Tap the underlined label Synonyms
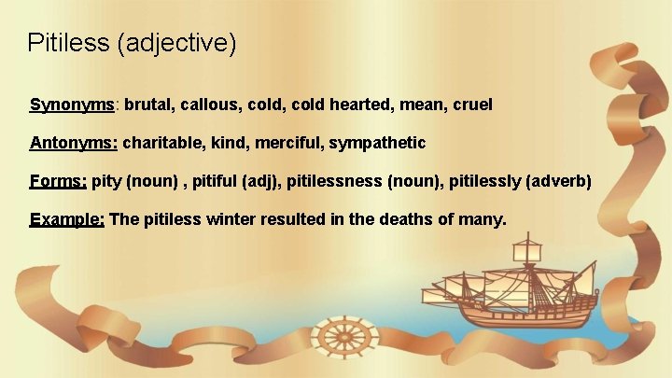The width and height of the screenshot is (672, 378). click(73, 105)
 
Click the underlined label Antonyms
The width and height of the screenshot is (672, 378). click(74, 143)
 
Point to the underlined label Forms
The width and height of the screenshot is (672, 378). click(58, 181)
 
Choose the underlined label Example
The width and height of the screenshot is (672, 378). click(67, 219)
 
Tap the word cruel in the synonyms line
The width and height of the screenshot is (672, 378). click(472, 105)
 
